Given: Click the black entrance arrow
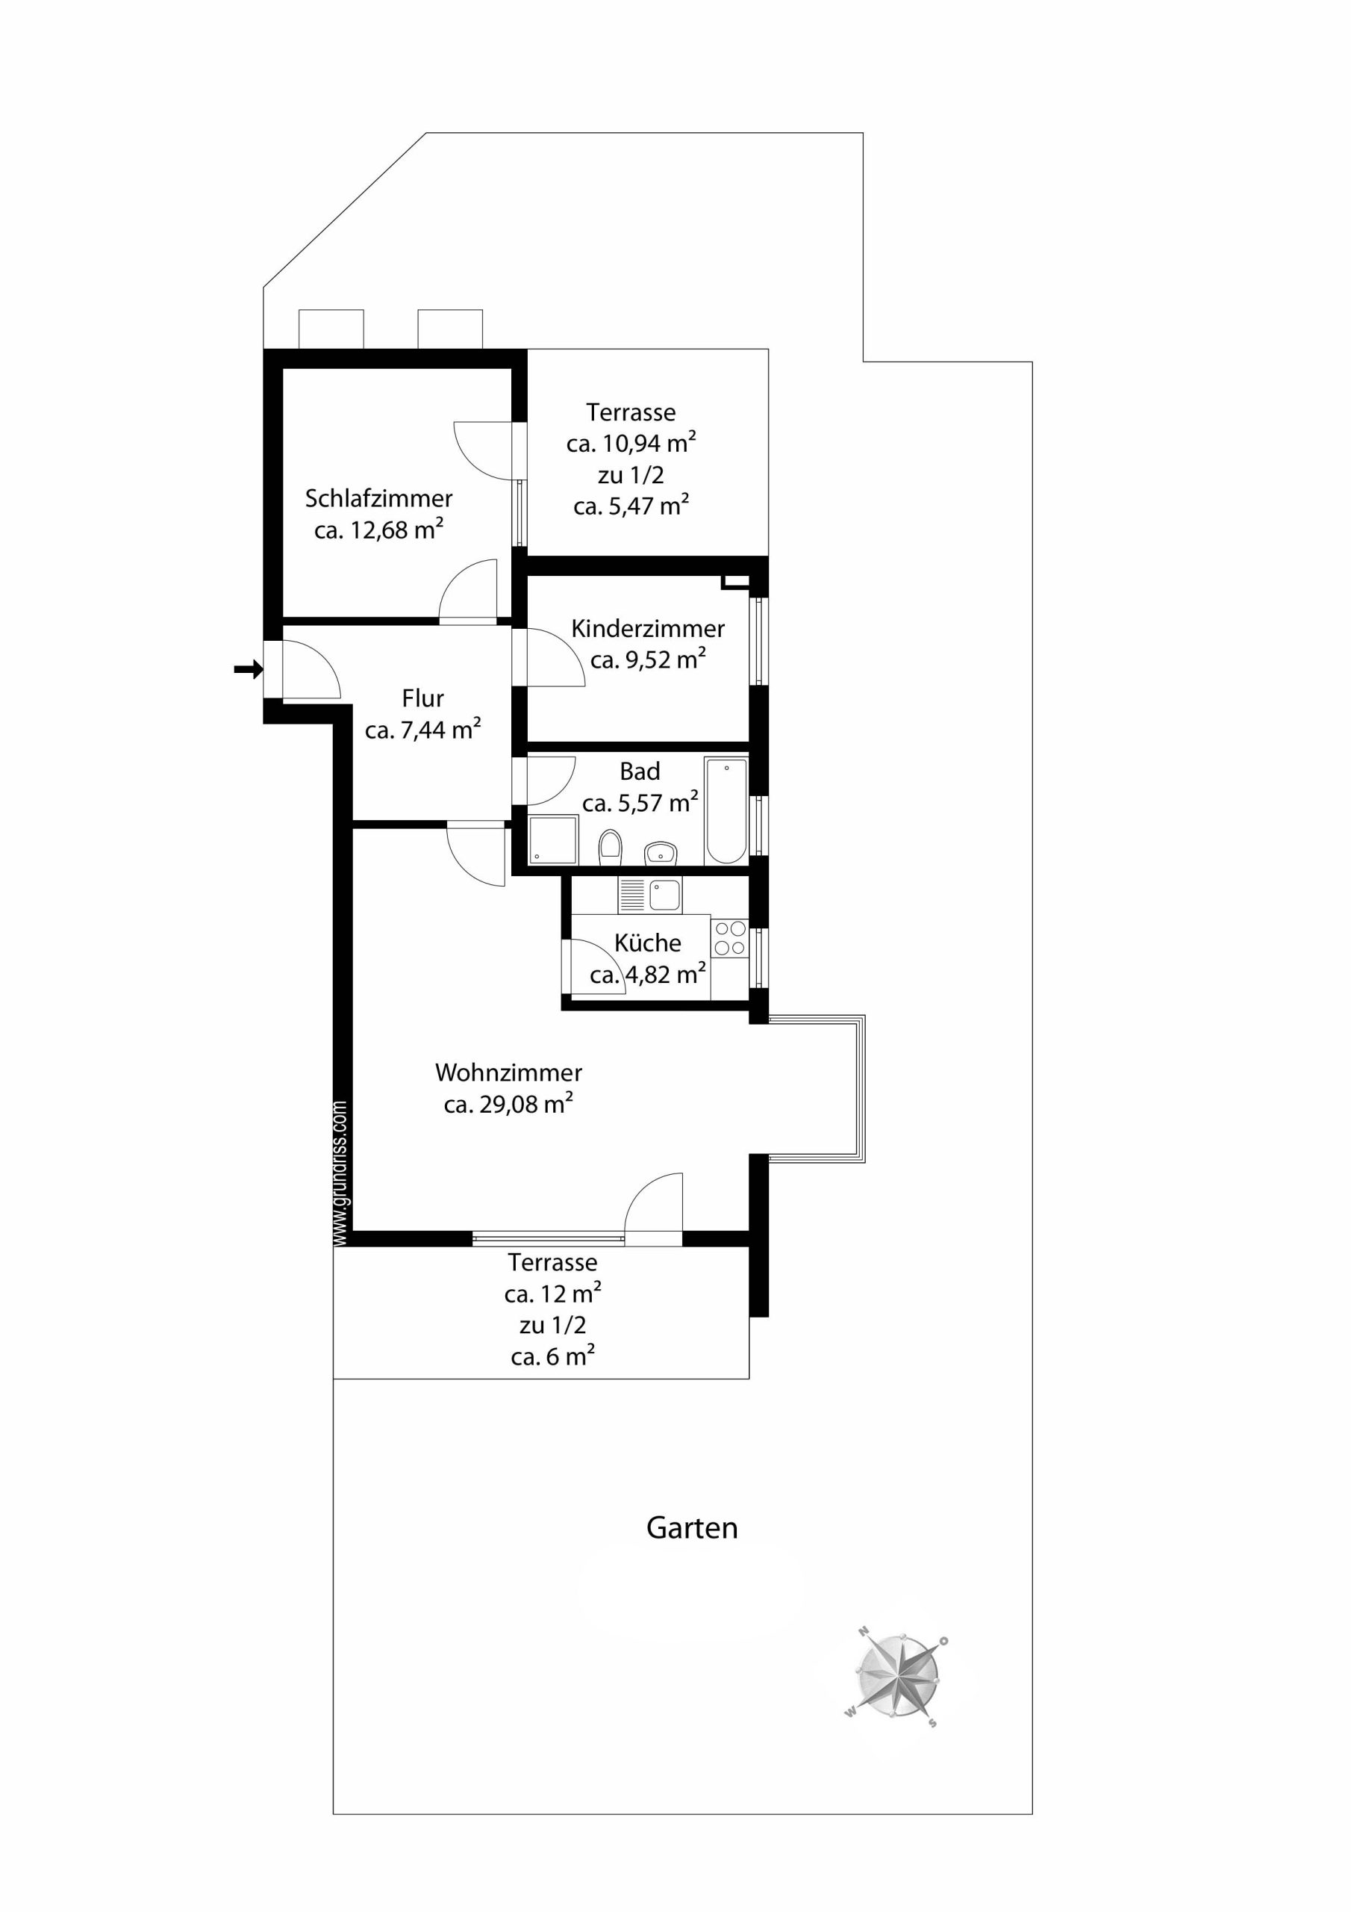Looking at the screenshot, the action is (x=249, y=668).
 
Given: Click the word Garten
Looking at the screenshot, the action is (x=692, y=1528).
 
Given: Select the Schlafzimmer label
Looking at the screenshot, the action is (x=378, y=498).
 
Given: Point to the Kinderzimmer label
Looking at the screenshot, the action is (x=648, y=628).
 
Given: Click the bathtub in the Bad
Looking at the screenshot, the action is (x=726, y=810).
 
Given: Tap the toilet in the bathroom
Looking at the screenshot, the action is (x=610, y=846).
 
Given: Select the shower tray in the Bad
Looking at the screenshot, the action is (x=553, y=839).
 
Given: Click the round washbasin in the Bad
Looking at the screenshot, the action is (x=661, y=854).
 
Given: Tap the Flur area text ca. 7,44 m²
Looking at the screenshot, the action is (x=423, y=730).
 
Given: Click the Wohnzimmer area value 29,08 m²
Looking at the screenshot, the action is (x=526, y=1104).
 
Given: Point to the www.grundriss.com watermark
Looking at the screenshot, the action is (x=340, y=1173).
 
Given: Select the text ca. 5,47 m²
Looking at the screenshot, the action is (x=631, y=506).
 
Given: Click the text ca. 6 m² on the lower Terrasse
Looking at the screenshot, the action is (x=553, y=1356).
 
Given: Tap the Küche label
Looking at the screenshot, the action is (x=648, y=943).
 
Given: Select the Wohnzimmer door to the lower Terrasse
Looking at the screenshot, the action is (x=653, y=1210).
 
